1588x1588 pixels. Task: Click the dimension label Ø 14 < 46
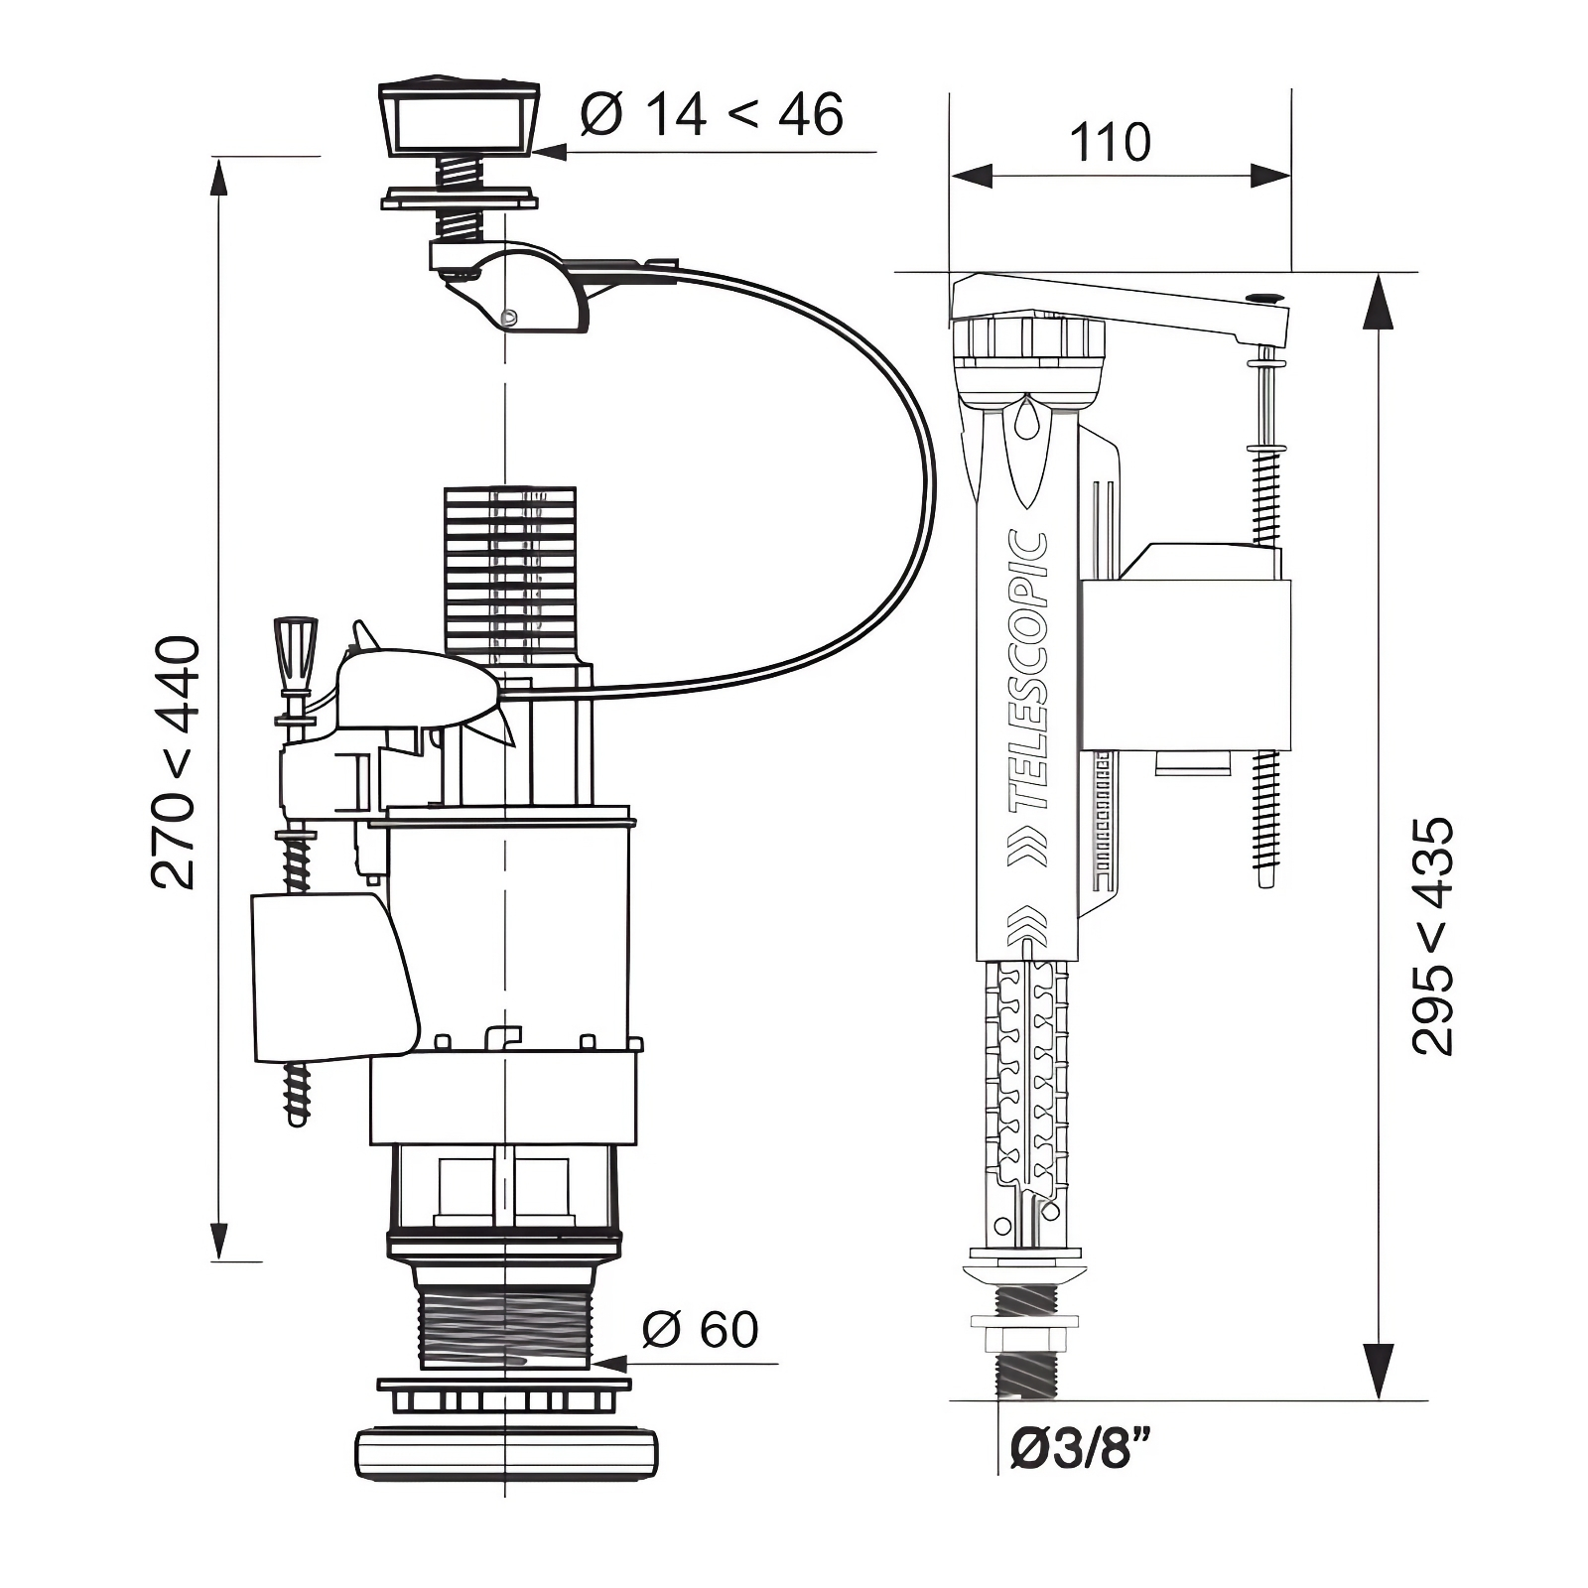pos(713,114)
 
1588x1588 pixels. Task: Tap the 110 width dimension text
pos(1110,143)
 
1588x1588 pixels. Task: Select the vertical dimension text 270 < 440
pos(176,762)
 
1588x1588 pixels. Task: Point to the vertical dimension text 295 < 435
pos(1432,935)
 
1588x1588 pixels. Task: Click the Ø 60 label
pos(701,1329)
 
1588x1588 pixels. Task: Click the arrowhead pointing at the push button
pos(549,152)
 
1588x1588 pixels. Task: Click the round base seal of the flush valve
pos(507,1455)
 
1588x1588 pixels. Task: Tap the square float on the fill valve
pos(1184,663)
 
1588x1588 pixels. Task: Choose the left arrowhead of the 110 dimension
pos(972,176)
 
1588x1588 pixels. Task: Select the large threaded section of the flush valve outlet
pos(505,1325)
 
